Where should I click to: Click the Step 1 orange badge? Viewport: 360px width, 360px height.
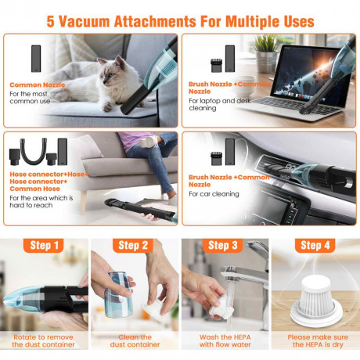[43, 245]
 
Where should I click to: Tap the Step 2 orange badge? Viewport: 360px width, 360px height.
[133, 245]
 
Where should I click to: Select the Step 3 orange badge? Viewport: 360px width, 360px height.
[223, 245]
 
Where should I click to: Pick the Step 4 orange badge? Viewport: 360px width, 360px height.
[315, 245]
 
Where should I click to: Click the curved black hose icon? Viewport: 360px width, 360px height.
[34, 151]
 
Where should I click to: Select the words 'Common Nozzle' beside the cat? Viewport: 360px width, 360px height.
[38, 85]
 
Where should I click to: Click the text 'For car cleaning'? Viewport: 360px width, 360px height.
[214, 194]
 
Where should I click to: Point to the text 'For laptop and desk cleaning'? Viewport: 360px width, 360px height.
[220, 104]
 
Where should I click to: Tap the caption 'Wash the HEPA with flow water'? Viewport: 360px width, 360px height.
[225, 340]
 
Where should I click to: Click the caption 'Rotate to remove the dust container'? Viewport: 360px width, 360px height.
[43, 340]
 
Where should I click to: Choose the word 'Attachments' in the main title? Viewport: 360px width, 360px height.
[155, 21]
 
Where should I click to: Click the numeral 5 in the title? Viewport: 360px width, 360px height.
[50, 21]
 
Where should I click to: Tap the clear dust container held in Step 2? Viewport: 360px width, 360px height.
[119, 295]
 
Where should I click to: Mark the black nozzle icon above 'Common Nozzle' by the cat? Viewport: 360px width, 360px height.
[36, 59]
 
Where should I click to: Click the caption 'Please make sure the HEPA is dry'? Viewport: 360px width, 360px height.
[318, 340]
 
